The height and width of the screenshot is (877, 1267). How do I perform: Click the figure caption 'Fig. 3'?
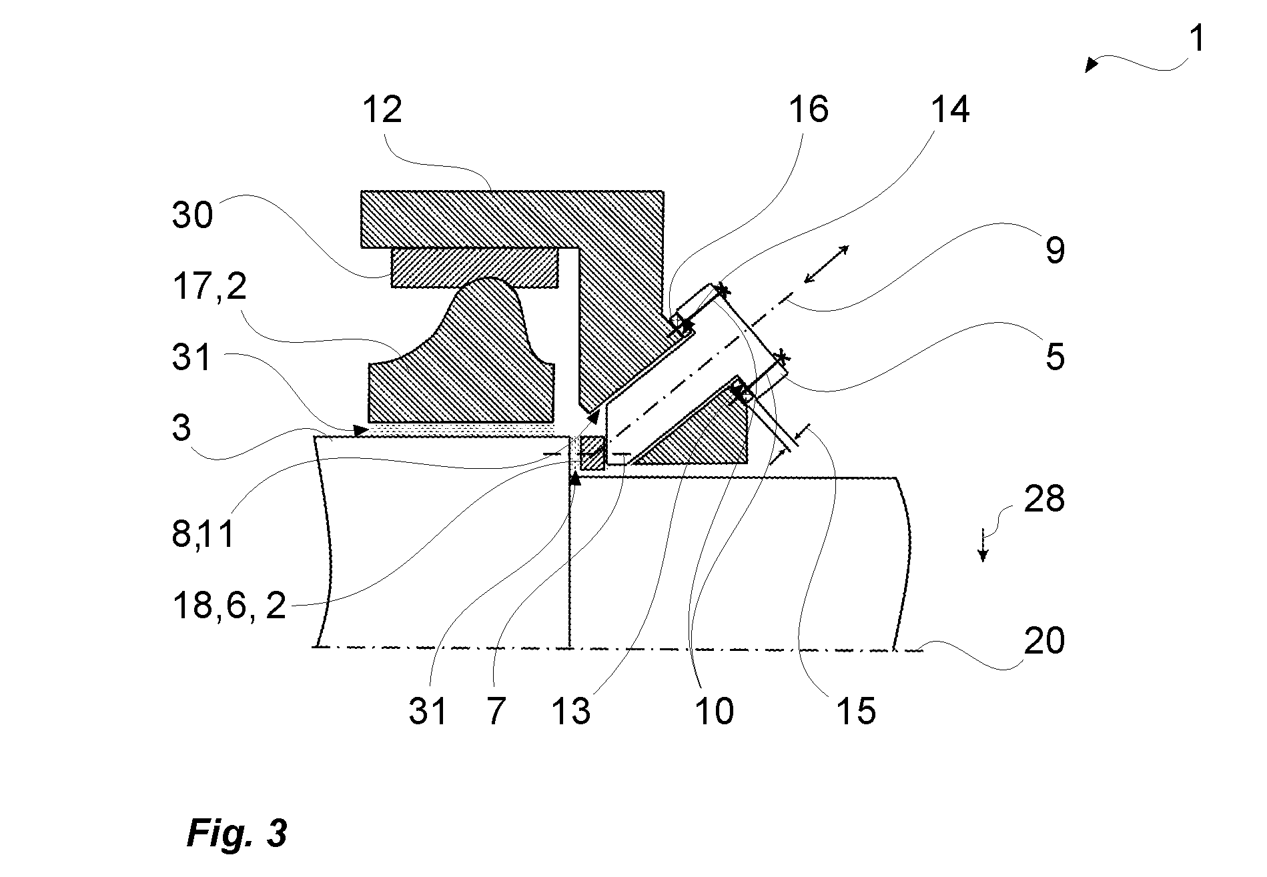237,832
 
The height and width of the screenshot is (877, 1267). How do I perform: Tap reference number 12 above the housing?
383,109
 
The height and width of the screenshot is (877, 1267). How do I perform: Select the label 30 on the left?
193,215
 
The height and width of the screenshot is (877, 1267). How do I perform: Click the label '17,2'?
209,287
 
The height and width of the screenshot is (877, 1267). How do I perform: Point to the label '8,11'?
203,534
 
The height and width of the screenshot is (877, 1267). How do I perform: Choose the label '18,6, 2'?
230,606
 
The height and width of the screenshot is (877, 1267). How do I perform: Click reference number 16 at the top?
809,109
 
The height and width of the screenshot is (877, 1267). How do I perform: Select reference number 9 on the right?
1055,250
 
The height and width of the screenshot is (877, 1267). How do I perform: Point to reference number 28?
1044,498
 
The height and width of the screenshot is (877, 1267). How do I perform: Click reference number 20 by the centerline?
1044,641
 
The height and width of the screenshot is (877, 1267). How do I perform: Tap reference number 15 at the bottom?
855,711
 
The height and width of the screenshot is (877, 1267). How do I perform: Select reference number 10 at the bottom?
714,711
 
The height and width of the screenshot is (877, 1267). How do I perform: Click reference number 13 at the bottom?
571,711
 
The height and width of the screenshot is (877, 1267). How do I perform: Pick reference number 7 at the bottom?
495,711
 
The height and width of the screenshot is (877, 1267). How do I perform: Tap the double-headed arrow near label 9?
826,263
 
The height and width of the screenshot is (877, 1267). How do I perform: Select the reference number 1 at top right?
1198,39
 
